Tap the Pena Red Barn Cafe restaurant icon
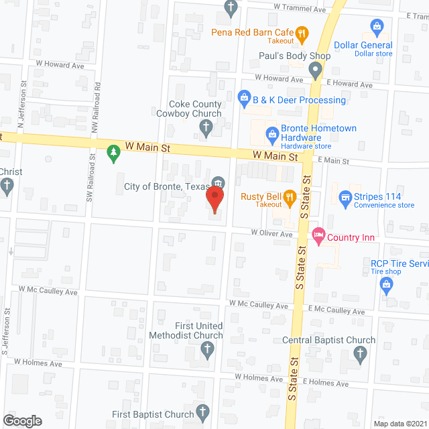tap(302, 32)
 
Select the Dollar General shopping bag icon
tap(377, 27)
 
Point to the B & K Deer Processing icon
tap(245, 100)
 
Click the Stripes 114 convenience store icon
tap(345, 197)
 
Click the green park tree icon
tap(113, 154)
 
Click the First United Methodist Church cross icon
tap(208, 349)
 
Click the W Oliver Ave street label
tap(272, 233)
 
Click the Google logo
tap(21, 420)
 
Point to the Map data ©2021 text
tap(400, 423)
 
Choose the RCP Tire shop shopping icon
tap(387, 284)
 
